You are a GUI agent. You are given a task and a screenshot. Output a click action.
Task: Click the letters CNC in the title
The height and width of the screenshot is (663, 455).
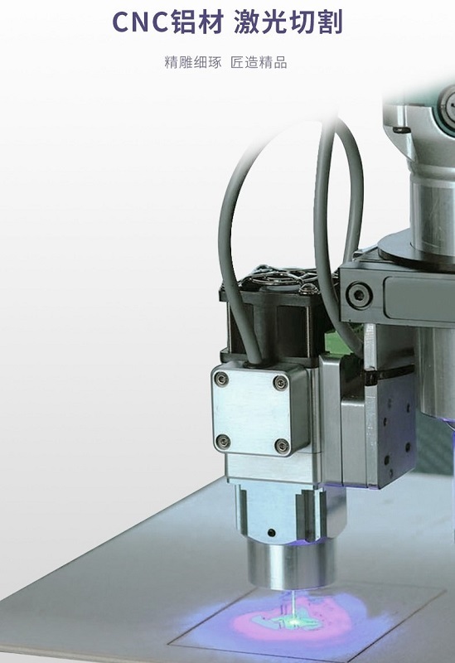[x=140, y=22]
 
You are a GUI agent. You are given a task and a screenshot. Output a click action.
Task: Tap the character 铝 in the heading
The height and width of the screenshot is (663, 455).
[x=184, y=22]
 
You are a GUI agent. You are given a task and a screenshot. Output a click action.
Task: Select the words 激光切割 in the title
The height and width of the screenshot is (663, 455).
[x=288, y=22]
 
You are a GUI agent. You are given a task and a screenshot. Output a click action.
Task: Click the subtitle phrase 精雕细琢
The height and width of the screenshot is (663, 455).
[x=193, y=63]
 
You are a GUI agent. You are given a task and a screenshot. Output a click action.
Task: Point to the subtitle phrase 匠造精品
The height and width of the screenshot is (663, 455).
[x=259, y=63]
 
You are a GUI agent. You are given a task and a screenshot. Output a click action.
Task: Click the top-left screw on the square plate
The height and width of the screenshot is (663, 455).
[x=220, y=379]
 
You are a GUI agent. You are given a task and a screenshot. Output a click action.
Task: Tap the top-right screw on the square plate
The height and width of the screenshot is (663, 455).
[x=280, y=382]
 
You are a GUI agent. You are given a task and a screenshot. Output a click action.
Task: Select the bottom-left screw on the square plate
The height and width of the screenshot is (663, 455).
[x=222, y=442]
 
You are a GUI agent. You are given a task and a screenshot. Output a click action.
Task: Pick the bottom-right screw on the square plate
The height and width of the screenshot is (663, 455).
[x=282, y=446]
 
